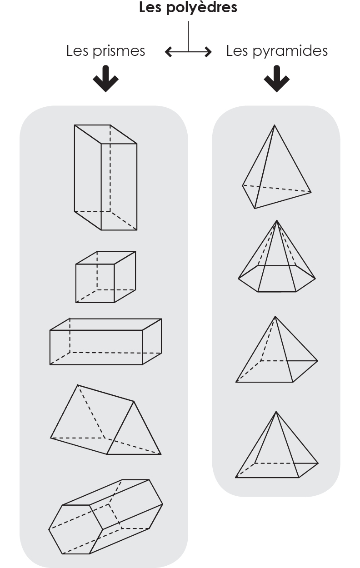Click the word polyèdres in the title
[x=202, y=8]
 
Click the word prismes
[x=119, y=51]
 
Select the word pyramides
[x=290, y=51]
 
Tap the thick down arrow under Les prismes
[x=105, y=79]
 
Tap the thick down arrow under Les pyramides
[x=276, y=79]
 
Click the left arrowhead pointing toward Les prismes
[x=169, y=52]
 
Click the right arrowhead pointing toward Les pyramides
[x=208, y=52]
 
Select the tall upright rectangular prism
[x=105, y=178]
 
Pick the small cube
[x=105, y=277]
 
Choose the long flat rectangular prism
[x=105, y=342]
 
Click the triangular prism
[x=105, y=420]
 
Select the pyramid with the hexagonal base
[x=277, y=256]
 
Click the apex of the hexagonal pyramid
[x=277, y=220]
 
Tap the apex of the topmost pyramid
[x=274, y=125]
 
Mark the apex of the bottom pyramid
[x=276, y=412]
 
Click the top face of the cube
[x=105, y=258]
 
